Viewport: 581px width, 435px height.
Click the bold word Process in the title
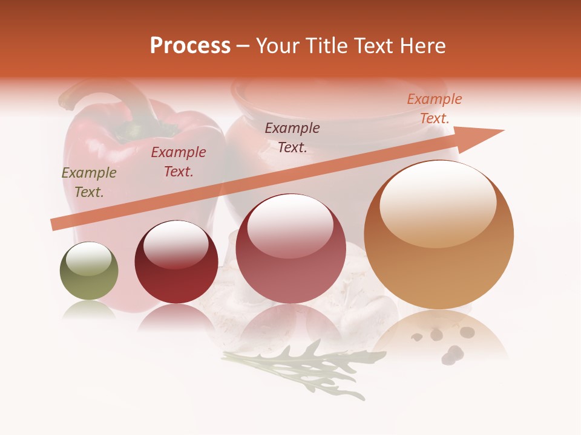click(x=190, y=46)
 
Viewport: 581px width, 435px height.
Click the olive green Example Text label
click(x=89, y=182)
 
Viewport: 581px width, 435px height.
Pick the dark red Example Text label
click(x=178, y=161)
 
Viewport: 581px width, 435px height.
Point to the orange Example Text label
click(x=434, y=108)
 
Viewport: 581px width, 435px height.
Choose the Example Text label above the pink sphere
click(x=292, y=137)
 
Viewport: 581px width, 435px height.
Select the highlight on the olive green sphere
click(x=89, y=259)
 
